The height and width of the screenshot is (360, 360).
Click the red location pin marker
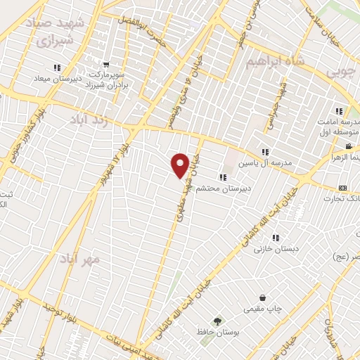click(180, 165)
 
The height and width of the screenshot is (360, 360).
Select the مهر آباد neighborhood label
click(89, 258)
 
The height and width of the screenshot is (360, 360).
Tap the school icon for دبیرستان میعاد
click(56, 67)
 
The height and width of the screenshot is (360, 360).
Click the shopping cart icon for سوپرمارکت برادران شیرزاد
click(106, 65)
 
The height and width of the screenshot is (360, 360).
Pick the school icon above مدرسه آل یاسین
click(265, 152)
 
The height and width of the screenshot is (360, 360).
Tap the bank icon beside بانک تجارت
click(342, 188)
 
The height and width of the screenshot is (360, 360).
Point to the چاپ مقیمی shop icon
click(263, 298)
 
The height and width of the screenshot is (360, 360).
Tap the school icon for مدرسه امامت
click(339, 111)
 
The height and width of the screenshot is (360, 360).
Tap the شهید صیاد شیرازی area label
click(59, 32)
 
